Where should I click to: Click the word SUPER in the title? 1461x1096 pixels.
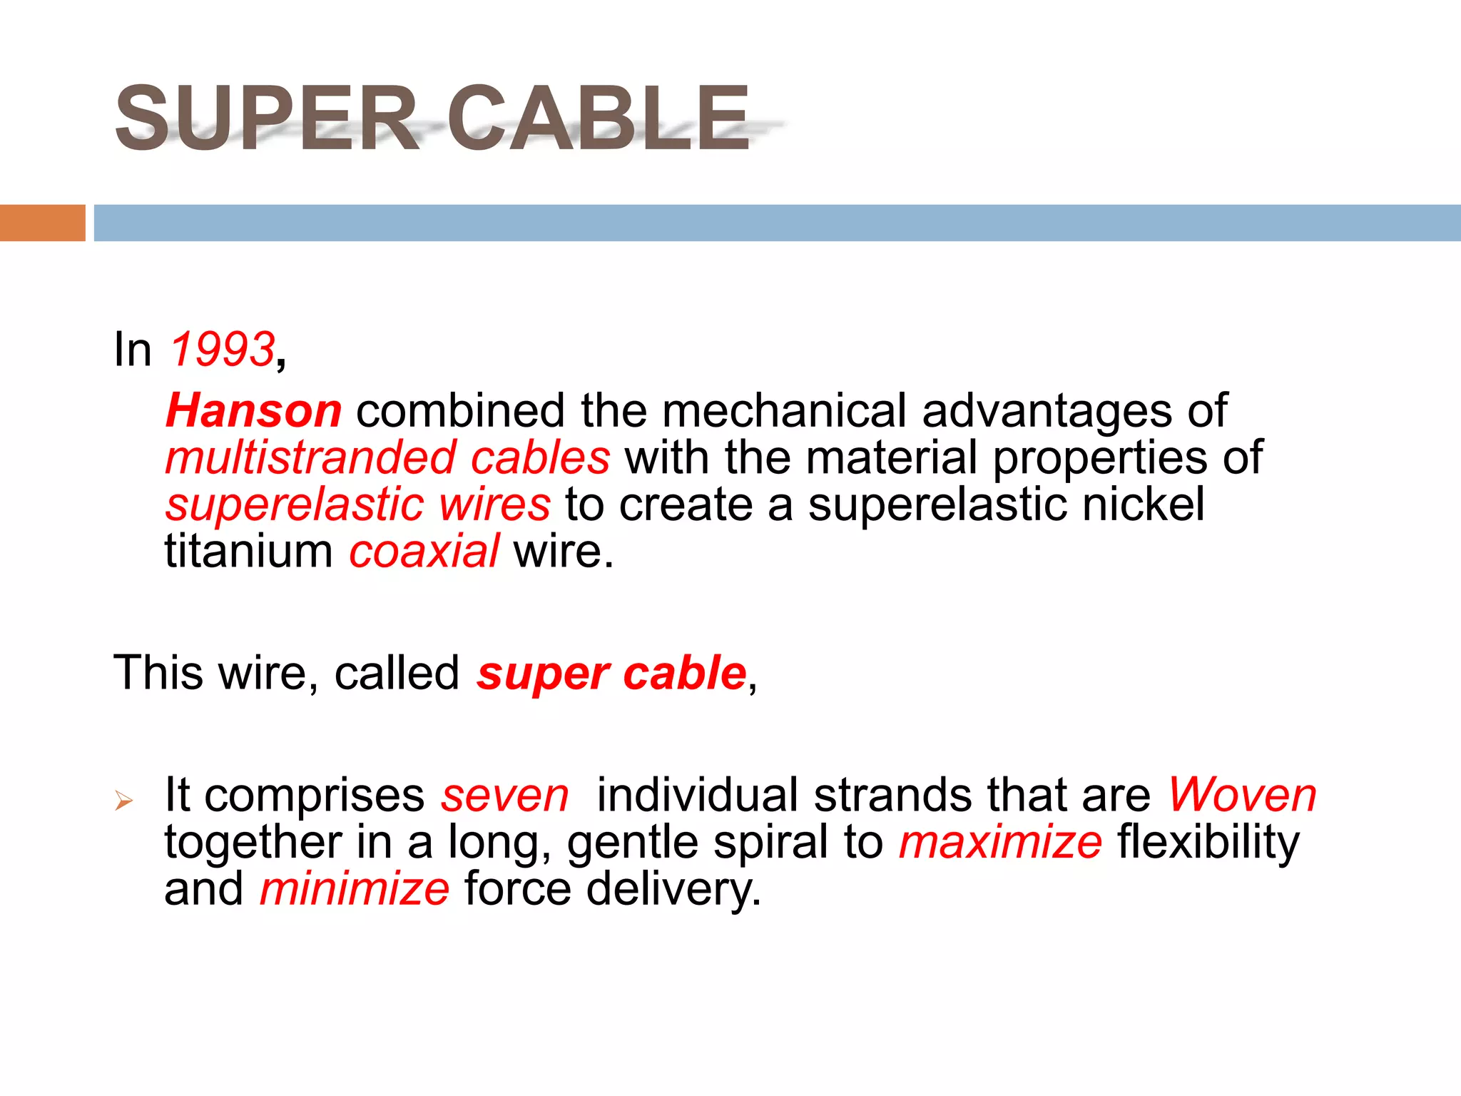(x=267, y=118)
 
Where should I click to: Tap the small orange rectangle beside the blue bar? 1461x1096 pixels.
(x=42, y=223)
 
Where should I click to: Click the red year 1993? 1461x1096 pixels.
(x=222, y=350)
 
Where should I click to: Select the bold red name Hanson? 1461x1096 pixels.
(x=253, y=411)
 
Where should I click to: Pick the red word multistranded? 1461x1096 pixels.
(x=310, y=458)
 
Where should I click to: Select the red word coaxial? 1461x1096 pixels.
(x=424, y=552)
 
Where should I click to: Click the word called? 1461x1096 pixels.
(x=397, y=673)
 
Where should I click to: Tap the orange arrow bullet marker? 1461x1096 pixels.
(x=123, y=801)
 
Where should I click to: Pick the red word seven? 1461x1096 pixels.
(x=504, y=795)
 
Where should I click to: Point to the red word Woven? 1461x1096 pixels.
(x=1242, y=795)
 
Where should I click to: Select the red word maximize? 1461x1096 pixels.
(x=1000, y=842)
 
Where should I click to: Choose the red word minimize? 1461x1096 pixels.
(x=355, y=889)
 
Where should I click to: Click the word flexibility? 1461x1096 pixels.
(x=1208, y=842)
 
